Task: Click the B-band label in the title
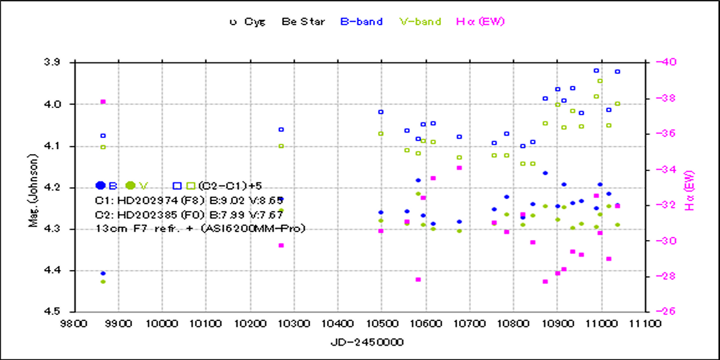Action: click(x=361, y=22)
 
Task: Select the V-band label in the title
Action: click(x=420, y=22)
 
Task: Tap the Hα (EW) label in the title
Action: click(x=480, y=22)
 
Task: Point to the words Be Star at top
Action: click(x=304, y=22)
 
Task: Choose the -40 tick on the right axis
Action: click(x=666, y=62)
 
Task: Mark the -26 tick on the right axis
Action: click(x=666, y=312)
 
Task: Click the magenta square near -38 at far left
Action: click(x=103, y=101)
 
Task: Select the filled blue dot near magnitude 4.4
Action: click(x=103, y=274)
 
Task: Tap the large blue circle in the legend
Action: click(x=101, y=185)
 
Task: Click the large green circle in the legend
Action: click(x=130, y=185)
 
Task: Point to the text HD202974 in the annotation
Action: click(x=138, y=199)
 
